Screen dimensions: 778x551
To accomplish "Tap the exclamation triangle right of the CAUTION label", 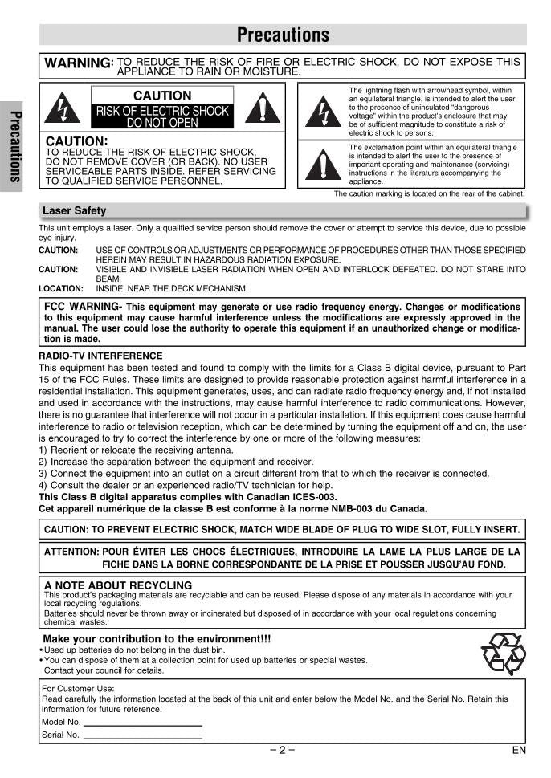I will (263, 108).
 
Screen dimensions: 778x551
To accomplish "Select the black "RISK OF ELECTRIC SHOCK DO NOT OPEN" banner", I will (162, 116).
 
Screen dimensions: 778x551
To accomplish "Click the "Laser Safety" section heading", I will (74, 211).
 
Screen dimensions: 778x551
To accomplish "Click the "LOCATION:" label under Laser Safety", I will (61, 288).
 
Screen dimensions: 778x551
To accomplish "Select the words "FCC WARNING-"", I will (84, 307).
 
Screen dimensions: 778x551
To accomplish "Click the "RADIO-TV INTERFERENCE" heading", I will (100, 356).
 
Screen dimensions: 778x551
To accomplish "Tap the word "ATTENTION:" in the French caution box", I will (71, 552).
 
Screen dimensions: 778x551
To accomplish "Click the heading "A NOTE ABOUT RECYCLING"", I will (118, 585).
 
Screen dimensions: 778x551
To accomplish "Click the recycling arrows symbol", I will (503, 653).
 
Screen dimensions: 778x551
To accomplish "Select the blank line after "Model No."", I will (142, 722).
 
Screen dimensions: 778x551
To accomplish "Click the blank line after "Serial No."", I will (142, 735).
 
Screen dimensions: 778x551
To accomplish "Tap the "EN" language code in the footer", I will (518, 751).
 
